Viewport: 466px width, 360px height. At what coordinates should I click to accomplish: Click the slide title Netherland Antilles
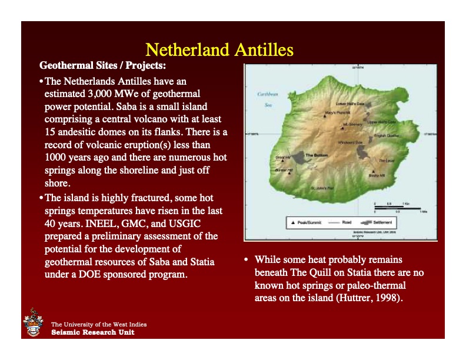click(219, 49)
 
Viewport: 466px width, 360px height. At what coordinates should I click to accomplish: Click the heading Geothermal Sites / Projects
click(102, 65)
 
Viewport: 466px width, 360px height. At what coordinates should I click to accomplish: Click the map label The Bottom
click(317, 155)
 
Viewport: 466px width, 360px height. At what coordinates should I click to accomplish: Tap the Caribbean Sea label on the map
click(267, 99)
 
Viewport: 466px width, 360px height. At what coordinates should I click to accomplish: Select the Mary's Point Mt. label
click(337, 112)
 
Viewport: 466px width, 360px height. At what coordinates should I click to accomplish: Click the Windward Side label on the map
click(349, 142)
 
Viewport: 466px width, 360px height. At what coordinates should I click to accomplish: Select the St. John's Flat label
click(322, 188)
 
